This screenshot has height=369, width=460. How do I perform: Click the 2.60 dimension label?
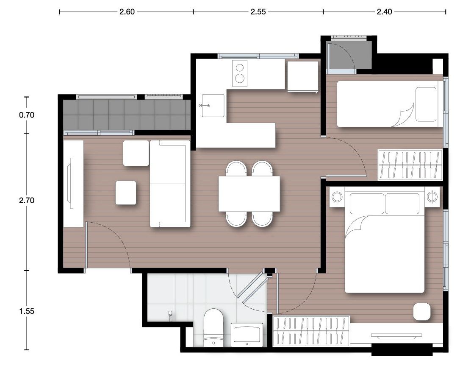point(127,12)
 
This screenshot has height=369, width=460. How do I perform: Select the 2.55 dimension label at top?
point(258,12)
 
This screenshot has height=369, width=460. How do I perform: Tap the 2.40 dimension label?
point(384,12)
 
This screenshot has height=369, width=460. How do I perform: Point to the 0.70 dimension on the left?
point(27,115)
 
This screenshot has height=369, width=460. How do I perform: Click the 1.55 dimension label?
point(27,311)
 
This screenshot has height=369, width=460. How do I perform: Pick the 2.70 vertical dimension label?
point(27,200)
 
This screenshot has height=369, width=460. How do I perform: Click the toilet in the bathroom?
point(213,327)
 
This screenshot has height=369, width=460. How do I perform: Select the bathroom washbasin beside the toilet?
point(247,335)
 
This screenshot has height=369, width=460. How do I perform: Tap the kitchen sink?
point(213,106)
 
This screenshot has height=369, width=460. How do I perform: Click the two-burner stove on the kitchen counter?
point(240,73)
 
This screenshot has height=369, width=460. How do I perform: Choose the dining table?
point(249,194)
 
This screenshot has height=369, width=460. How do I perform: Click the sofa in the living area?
point(170,184)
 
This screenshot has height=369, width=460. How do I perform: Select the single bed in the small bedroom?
point(390,104)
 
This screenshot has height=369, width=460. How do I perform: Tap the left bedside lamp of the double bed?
point(337,196)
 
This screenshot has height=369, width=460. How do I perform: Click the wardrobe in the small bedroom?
point(410,165)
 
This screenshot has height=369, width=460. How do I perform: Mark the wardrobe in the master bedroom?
point(311,331)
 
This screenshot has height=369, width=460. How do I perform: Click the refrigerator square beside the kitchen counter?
point(303,76)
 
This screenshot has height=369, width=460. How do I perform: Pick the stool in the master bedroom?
point(422,311)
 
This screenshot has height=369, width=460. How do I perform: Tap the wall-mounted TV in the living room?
point(71,183)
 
